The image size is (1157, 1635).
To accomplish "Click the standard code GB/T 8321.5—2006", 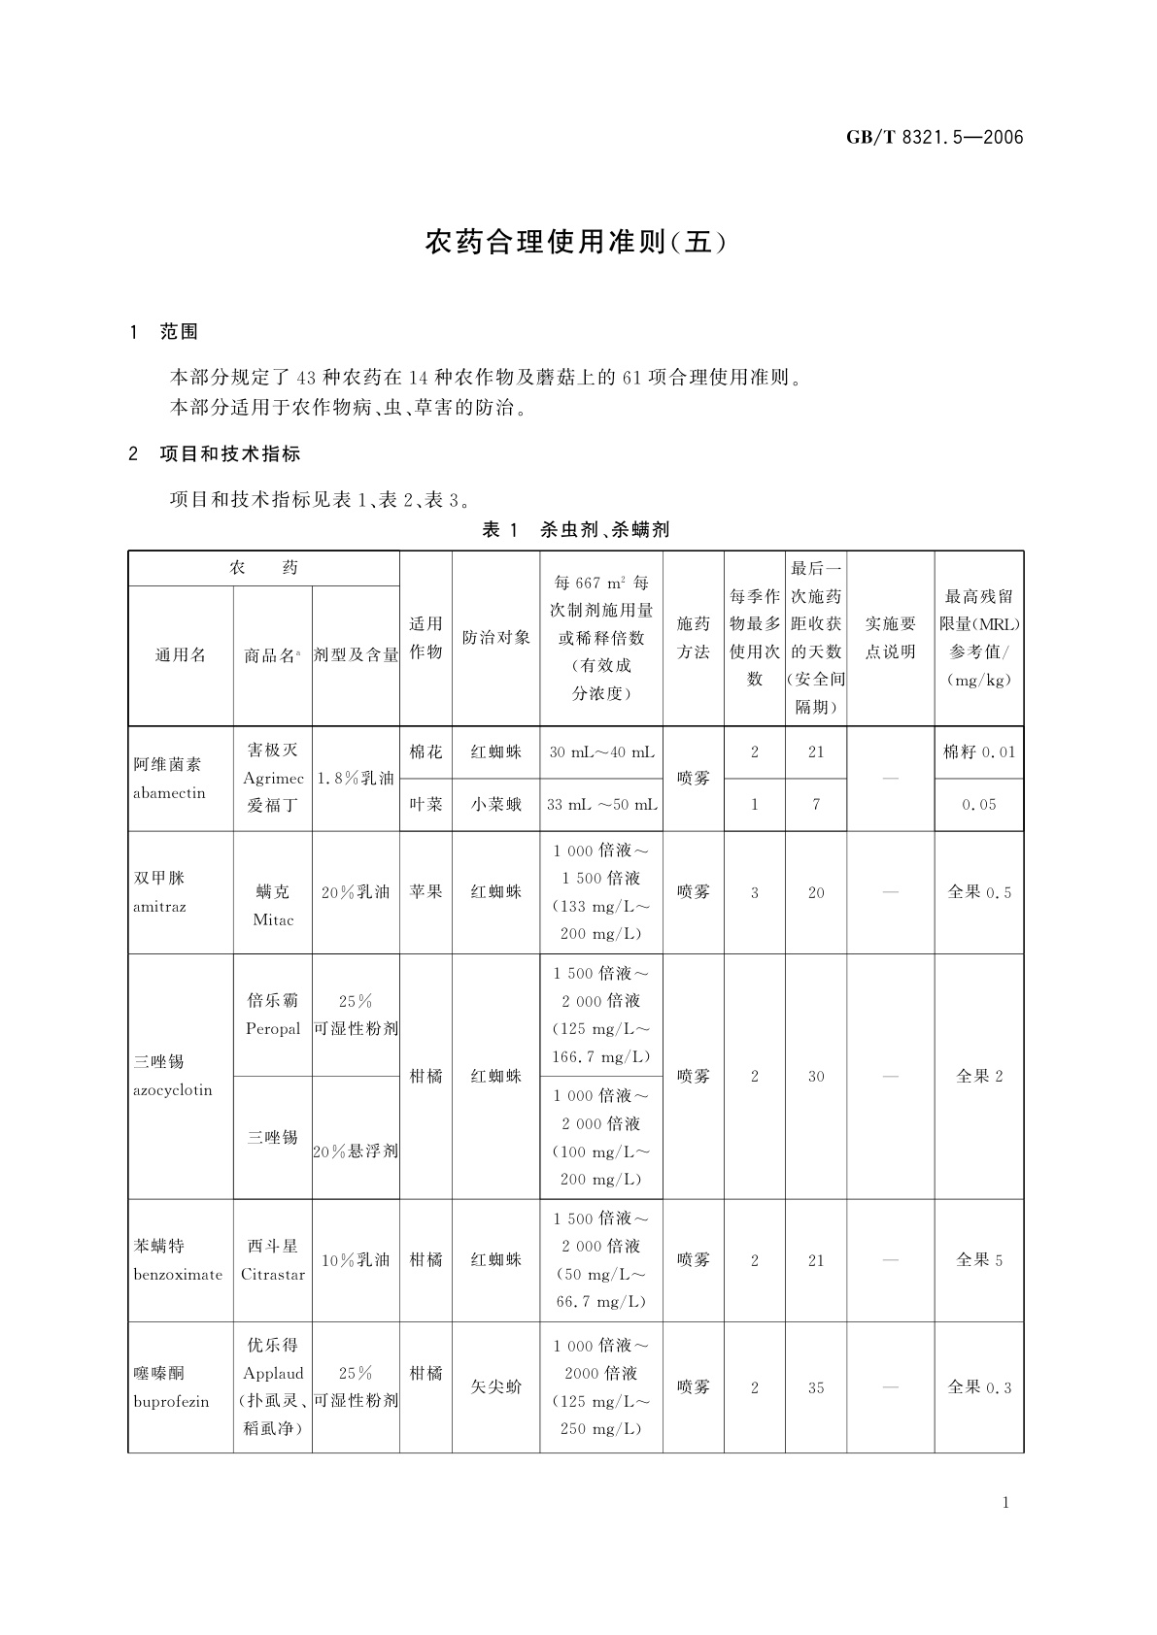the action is click(935, 137).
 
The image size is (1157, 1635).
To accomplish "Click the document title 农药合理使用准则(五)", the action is click(575, 242).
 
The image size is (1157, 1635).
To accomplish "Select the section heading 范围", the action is click(179, 332).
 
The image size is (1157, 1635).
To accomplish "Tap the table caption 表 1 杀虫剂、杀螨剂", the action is click(575, 529).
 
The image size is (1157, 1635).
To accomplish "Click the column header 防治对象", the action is click(495, 638).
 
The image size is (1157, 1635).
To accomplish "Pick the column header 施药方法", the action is click(693, 638).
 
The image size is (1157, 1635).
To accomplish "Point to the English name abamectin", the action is click(169, 793).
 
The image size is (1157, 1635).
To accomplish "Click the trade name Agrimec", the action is click(273, 779).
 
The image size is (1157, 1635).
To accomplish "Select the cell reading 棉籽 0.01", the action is click(978, 752).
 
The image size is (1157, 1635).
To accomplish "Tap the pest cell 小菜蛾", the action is click(495, 804).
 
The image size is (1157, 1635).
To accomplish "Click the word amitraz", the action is click(159, 907).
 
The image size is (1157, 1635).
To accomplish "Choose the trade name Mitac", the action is click(273, 919).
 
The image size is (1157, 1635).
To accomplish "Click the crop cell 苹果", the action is click(425, 891).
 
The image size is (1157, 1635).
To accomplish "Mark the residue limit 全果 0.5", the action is click(978, 892).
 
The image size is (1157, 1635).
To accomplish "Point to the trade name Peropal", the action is click(273, 1028).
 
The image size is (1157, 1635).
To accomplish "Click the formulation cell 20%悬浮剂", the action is click(356, 1151).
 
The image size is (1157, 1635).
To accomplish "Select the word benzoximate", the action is click(178, 1275).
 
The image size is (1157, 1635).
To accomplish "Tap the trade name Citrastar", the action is click(273, 1275).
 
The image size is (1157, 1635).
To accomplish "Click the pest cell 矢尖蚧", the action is click(495, 1387).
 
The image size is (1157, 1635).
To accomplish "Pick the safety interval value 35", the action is click(815, 1388).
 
